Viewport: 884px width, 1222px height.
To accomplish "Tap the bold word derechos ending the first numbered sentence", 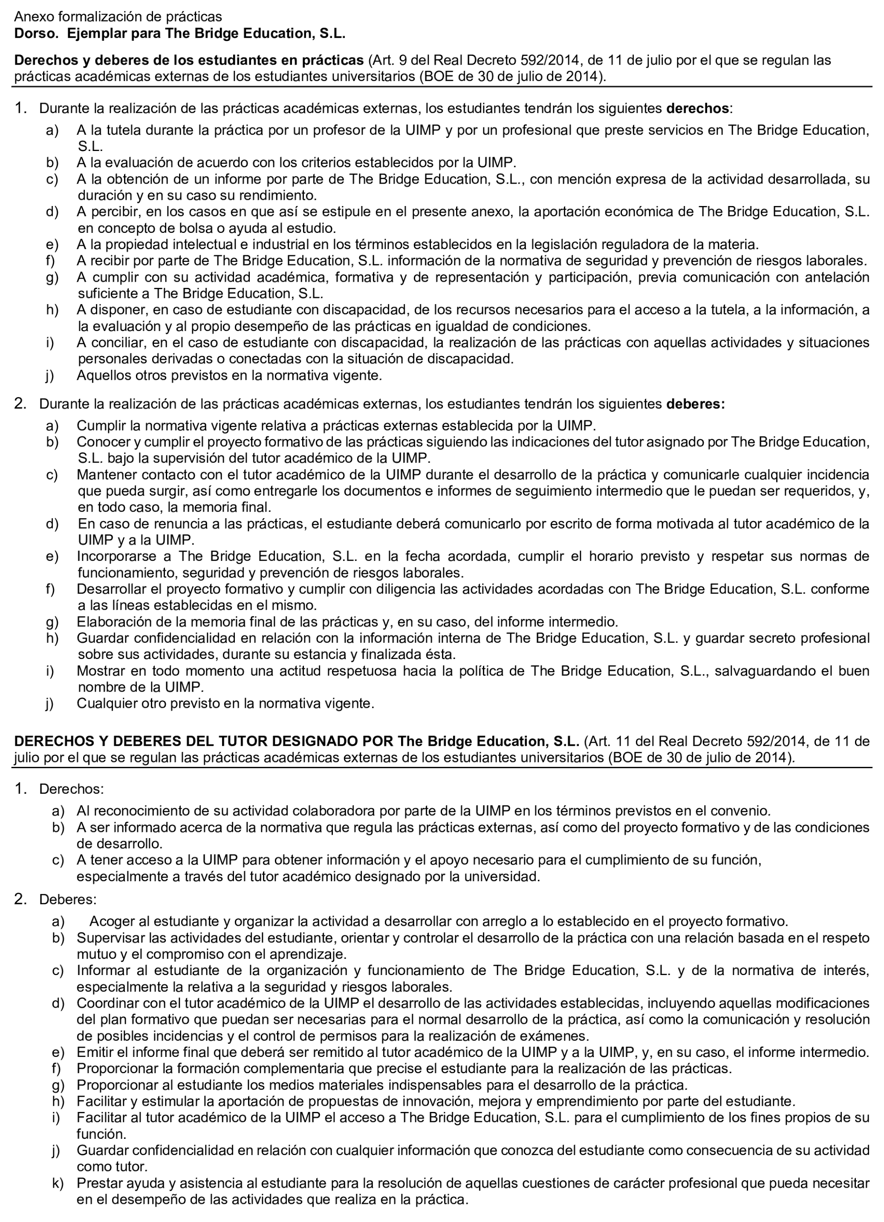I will (x=697, y=108).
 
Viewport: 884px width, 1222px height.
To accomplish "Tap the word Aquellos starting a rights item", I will (x=103, y=375).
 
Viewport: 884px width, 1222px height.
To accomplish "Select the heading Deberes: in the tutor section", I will (x=68, y=899).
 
